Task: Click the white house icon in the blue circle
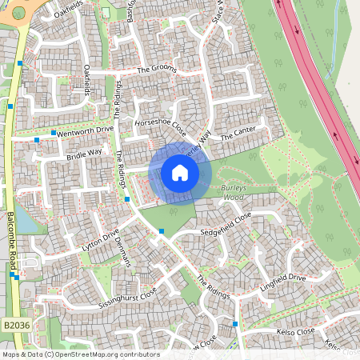coord(180,172)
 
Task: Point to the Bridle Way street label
coord(84,152)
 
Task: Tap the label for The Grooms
coord(155,70)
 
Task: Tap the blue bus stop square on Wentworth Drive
coord(54,133)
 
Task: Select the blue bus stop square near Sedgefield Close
coord(162,231)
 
